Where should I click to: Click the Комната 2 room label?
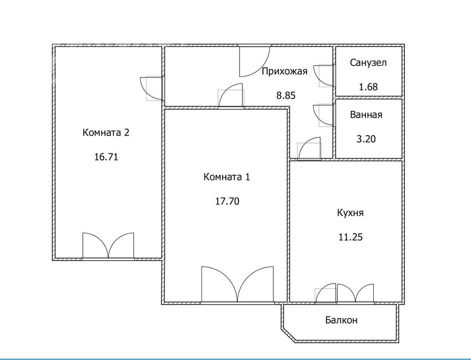(x=106, y=132)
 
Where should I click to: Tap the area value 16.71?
(x=106, y=157)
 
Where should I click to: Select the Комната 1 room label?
(x=227, y=177)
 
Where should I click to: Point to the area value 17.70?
(x=227, y=201)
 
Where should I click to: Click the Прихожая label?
(x=284, y=71)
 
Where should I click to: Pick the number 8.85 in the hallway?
(x=286, y=95)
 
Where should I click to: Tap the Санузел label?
(x=368, y=63)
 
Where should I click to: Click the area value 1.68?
(x=368, y=87)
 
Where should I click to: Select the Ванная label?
(x=366, y=115)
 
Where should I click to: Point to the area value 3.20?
(x=366, y=139)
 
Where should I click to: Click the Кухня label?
(x=350, y=213)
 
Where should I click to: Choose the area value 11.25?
(x=351, y=237)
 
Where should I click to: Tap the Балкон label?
(x=341, y=320)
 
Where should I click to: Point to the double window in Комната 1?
(x=238, y=284)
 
